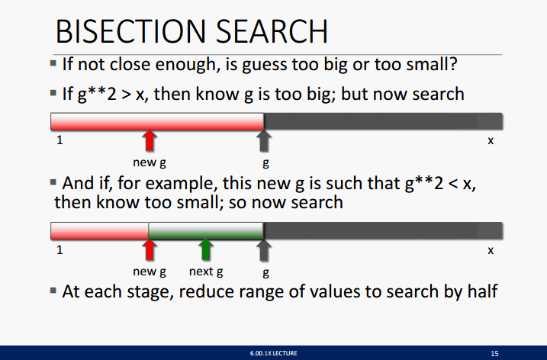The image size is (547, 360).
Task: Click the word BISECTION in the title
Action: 130,31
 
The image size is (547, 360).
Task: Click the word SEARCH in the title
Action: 272,31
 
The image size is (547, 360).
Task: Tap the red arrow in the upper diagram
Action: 150,140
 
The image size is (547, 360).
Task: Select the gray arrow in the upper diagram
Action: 264,140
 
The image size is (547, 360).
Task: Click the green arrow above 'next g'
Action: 206,249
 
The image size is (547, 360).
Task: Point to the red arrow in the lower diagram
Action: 150,249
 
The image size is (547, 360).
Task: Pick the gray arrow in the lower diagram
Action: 264,249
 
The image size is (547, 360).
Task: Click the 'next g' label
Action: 206,272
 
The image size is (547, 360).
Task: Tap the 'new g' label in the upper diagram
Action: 150,162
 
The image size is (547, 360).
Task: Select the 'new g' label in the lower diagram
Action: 150,272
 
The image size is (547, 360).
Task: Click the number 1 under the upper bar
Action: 60,140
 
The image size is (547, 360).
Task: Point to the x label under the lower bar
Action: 491,250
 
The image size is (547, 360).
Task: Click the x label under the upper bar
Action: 491,140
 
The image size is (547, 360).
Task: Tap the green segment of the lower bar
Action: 206,230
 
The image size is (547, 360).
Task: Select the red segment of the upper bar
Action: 157,121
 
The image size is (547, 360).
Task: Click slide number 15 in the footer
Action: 494,353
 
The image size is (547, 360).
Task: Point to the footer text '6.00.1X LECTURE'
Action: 273,353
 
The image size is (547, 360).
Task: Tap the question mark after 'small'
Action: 453,64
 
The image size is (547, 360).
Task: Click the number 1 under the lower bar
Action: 60,249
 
